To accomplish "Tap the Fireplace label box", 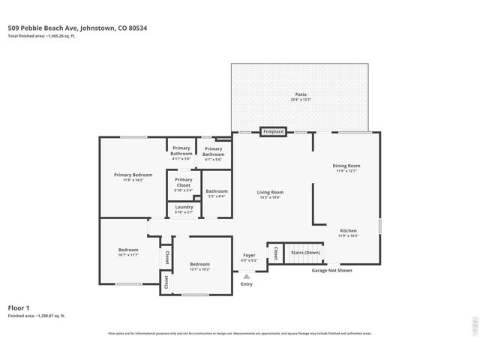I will click(x=273, y=132).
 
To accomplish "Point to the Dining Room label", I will click(x=346, y=167).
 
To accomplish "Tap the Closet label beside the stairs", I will click(x=276, y=253).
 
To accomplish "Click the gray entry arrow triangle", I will click(x=247, y=276).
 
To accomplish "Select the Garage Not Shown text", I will click(x=332, y=270).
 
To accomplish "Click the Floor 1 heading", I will click(x=19, y=307).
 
